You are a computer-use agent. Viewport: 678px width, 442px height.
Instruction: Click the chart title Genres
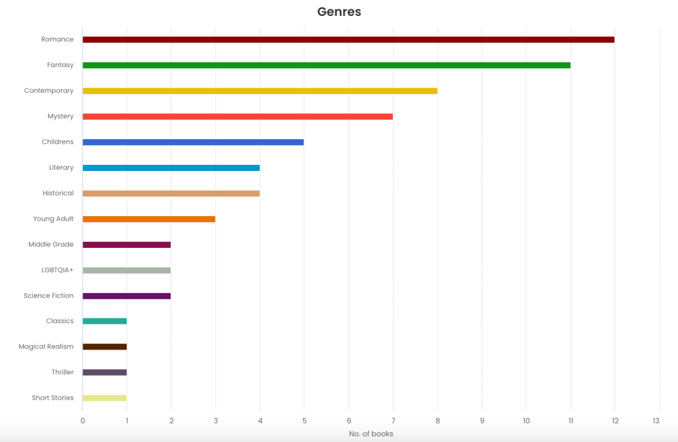pyautogui.click(x=339, y=12)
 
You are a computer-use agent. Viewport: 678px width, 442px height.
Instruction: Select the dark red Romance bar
pyautogui.click(x=348, y=40)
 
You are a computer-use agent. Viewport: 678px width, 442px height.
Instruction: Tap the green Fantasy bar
pyautogui.click(x=326, y=65)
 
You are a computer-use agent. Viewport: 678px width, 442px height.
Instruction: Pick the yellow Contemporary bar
pyautogui.click(x=260, y=91)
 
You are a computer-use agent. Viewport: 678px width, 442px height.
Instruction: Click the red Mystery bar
pyautogui.click(x=237, y=117)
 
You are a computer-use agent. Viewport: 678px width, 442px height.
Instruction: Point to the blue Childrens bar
pyautogui.click(x=193, y=142)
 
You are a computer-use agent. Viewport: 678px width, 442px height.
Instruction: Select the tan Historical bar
pyautogui.click(x=171, y=193)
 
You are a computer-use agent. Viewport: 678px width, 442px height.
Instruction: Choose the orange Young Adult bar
pyautogui.click(x=148, y=219)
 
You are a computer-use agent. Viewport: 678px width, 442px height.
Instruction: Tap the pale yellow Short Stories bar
pyautogui.click(x=104, y=398)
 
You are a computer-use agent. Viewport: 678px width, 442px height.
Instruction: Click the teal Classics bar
pyautogui.click(x=104, y=321)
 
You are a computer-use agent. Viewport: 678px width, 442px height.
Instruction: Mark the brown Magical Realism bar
pyautogui.click(x=104, y=347)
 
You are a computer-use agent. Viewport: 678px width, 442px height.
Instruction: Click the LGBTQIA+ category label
pyautogui.click(x=57, y=270)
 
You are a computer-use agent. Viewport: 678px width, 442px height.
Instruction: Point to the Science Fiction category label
pyautogui.click(x=48, y=296)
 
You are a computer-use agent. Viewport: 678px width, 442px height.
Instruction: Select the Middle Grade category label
pyautogui.click(x=51, y=245)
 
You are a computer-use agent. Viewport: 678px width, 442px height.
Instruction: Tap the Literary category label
pyautogui.click(x=61, y=168)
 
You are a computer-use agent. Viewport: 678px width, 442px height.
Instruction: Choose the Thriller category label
pyautogui.click(x=62, y=372)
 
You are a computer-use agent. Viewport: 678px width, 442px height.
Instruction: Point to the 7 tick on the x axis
pyautogui.click(x=393, y=421)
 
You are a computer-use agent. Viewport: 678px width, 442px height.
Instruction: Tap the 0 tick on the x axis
pyautogui.click(x=83, y=421)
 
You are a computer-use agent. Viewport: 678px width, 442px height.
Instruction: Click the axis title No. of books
pyautogui.click(x=371, y=434)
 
